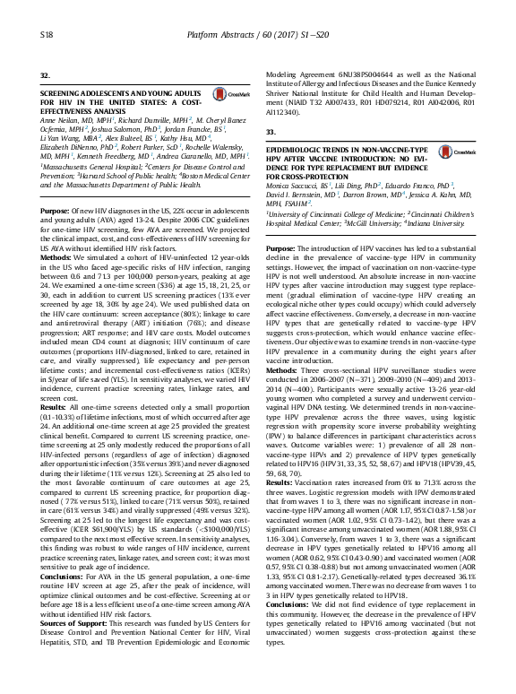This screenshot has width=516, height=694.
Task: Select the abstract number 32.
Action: point(46,74)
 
